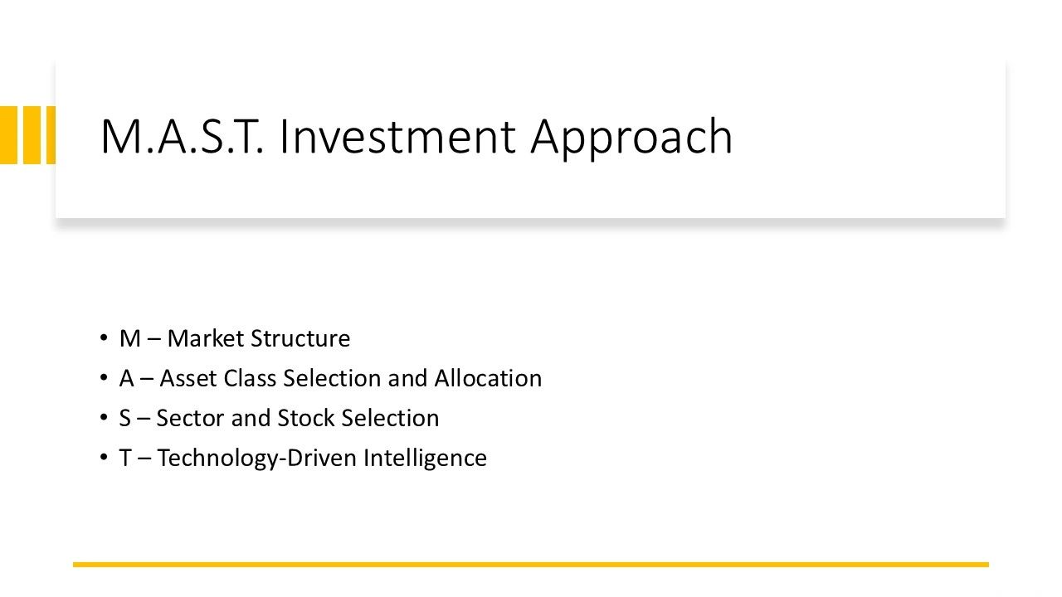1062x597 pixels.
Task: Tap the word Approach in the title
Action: point(631,138)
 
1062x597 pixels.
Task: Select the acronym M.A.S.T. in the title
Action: point(182,136)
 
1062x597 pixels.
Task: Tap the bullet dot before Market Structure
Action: point(103,338)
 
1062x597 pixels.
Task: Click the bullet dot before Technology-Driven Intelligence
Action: point(103,458)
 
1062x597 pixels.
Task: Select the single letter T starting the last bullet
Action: point(125,458)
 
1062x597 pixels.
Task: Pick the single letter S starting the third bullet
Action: point(125,418)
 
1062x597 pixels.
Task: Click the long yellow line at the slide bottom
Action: point(531,565)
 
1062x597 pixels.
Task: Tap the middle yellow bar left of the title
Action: point(32,135)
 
